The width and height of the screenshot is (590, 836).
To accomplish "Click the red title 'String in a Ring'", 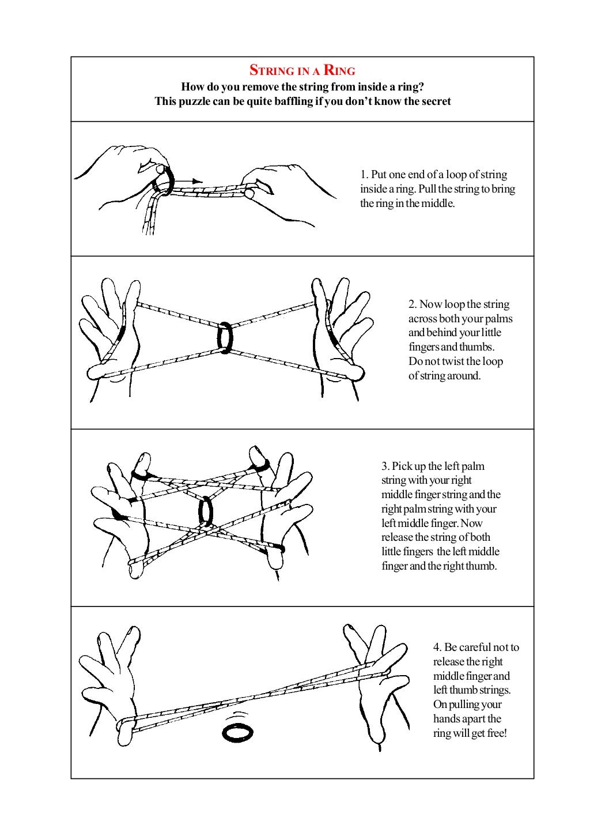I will click(302, 71).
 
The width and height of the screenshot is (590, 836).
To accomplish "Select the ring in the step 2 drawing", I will click(225, 337).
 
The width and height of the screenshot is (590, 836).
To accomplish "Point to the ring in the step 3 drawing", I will click(205, 511).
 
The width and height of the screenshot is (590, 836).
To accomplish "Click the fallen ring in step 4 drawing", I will click(237, 733).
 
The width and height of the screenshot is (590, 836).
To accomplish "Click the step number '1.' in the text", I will click(364, 175).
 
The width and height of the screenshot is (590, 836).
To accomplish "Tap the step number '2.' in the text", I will click(413, 304).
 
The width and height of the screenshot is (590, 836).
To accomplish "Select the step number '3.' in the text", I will click(385, 466).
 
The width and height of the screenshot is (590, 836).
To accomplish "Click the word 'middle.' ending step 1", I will click(438, 204).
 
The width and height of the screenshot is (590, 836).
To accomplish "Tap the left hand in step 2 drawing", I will click(109, 334).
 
